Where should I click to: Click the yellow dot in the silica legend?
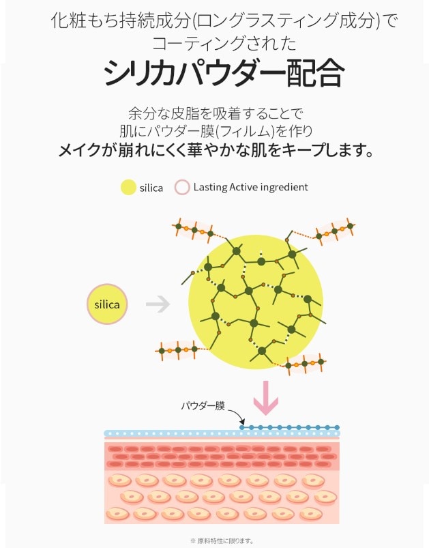pyautogui.click(x=128, y=188)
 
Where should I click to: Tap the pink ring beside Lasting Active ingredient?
pyautogui.click(x=182, y=187)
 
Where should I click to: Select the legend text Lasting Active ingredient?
pyautogui.click(x=250, y=187)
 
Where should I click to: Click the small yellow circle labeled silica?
pyautogui.click(x=106, y=304)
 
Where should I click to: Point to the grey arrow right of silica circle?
pyautogui.click(x=158, y=304)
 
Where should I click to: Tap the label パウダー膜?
pyautogui.click(x=203, y=405)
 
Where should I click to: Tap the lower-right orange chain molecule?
pyautogui.click(x=304, y=364)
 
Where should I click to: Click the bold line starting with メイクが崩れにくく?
pyautogui.click(x=216, y=149)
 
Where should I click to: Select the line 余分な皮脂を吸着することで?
pyautogui.click(x=215, y=112)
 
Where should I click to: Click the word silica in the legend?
pyautogui.click(x=151, y=188)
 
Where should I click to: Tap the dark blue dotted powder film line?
pyautogui.click(x=293, y=428)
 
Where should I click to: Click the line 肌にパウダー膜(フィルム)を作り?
pyautogui.click(x=216, y=130)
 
